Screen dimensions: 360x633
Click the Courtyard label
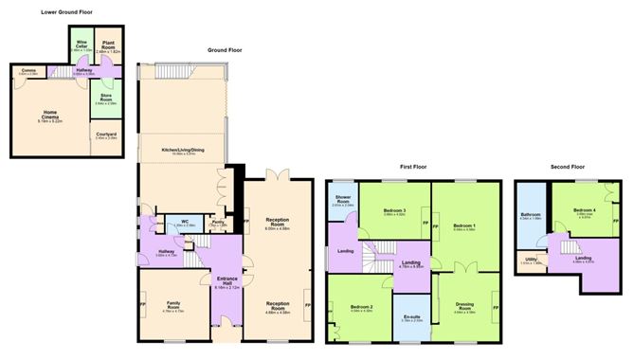tap(106, 135)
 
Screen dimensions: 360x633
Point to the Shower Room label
tap(341, 200)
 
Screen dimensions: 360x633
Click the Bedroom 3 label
tap(394, 211)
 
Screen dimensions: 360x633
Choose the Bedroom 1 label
tap(463, 225)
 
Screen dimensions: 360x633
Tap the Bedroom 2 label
tap(361, 308)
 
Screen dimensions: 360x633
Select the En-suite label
tap(411, 317)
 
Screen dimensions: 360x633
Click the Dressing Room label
tap(464, 305)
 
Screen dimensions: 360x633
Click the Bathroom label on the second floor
tap(531, 215)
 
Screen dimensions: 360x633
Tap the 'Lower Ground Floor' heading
tap(70, 12)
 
